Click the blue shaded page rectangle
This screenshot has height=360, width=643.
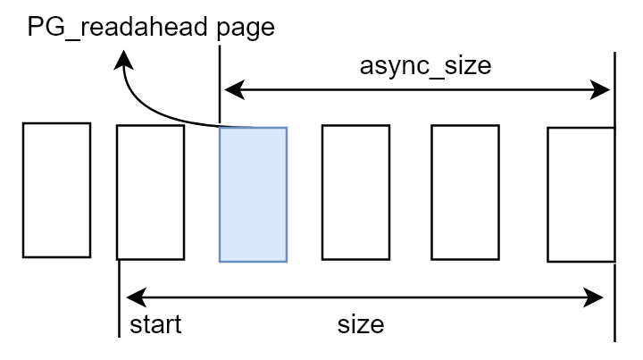(x=253, y=195)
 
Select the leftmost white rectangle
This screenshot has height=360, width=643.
(x=56, y=190)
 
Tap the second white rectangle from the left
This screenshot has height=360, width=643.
(x=150, y=192)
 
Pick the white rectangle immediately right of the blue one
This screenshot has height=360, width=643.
(x=355, y=192)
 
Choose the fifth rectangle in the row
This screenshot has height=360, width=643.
(x=464, y=192)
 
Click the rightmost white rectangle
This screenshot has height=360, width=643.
(x=580, y=195)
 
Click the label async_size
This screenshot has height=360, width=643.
(x=425, y=66)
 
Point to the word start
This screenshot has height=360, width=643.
(x=155, y=323)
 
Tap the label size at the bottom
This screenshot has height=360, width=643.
(x=361, y=323)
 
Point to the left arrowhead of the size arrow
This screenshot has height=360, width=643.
(x=132, y=298)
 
